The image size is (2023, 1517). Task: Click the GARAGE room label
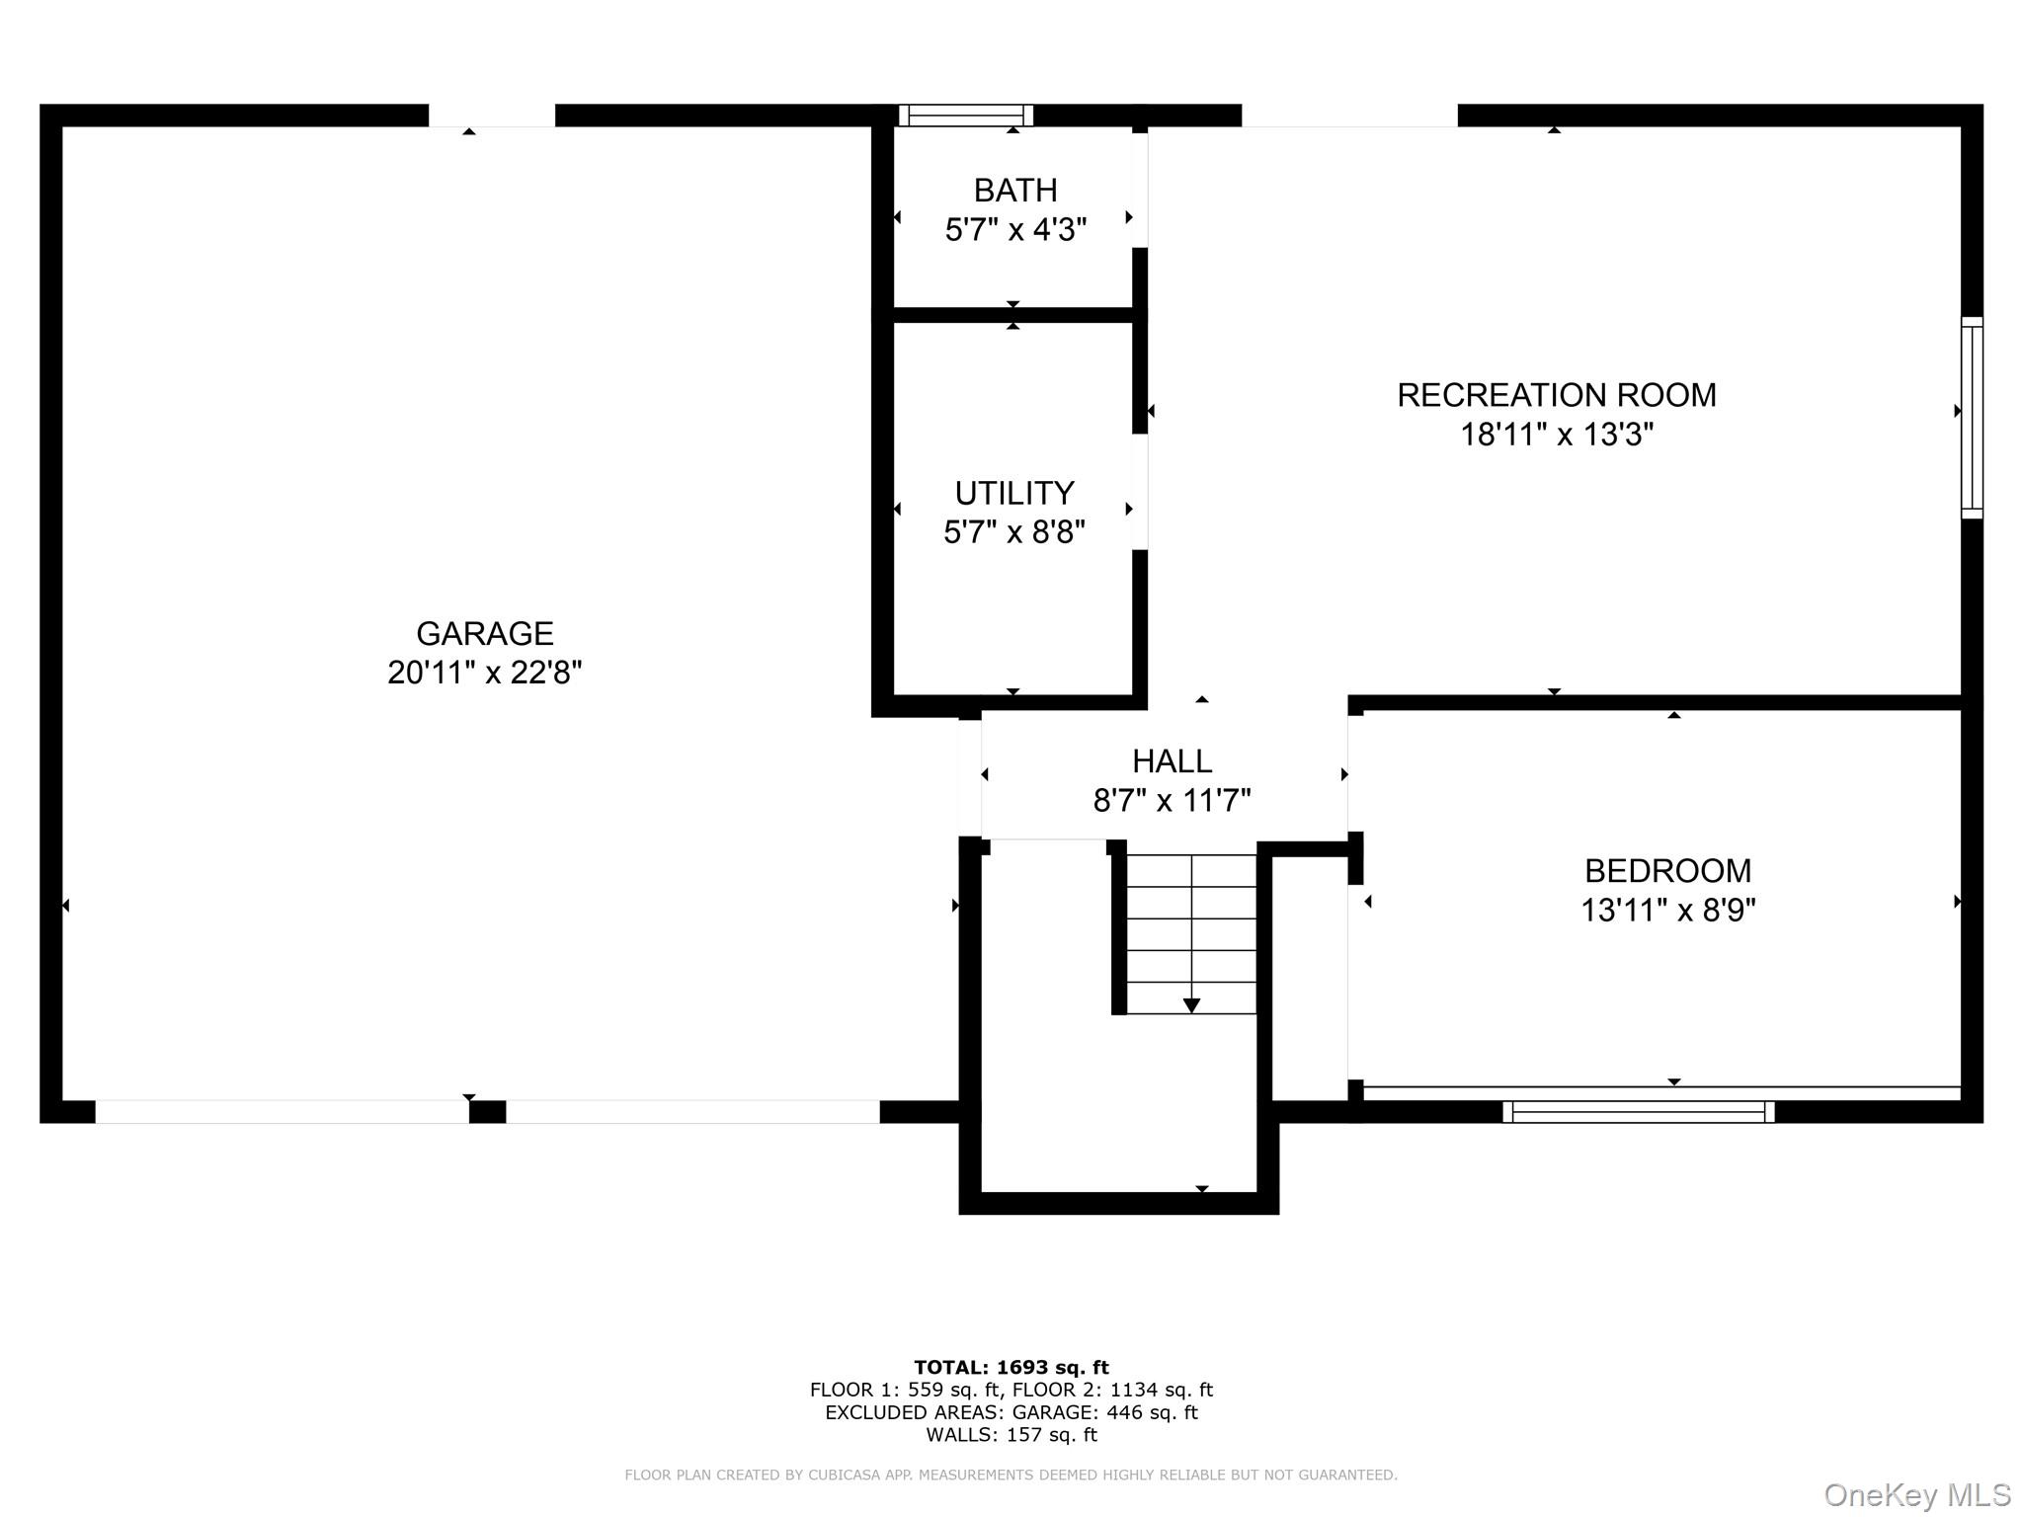pyautogui.click(x=484, y=633)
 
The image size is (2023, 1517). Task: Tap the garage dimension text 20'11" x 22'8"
pyautogui.click(x=484, y=673)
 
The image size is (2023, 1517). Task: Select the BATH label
pyautogui.click(x=1015, y=190)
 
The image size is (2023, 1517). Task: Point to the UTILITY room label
pyautogui.click(x=1014, y=493)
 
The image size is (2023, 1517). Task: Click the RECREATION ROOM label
pyautogui.click(x=1557, y=395)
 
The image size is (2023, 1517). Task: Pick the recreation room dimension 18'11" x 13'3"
pyautogui.click(x=1557, y=435)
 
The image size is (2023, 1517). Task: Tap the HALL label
pyautogui.click(x=1172, y=761)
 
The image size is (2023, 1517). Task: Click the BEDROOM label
pyautogui.click(x=1668, y=871)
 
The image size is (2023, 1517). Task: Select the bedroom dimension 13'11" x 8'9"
pyautogui.click(x=1668, y=910)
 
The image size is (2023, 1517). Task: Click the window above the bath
pyautogui.click(x=966, y=116)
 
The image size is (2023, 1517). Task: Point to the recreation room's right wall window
pyautogui.click(x=1972, y=418)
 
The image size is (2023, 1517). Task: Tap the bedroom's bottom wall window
pyautogui.click(x=1639, y=1112)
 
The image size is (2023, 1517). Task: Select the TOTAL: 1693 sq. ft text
pyautogui.click(x=1011, y=1368)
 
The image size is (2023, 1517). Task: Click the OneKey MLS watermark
pyautogui.click(x=1917, y=1495)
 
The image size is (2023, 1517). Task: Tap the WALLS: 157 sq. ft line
pyautogui.click(x=1011, y=1435)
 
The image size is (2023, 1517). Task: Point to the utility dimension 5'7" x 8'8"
pyautogui.click(x=1014, y=532)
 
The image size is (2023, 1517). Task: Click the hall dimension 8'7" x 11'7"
pyautogui.click(x=1172, y=800)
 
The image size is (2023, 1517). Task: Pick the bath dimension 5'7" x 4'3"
pyautogui.click(x=1015, y=229)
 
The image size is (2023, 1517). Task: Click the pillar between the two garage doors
pyautogui.click(x=487, y=1112)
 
